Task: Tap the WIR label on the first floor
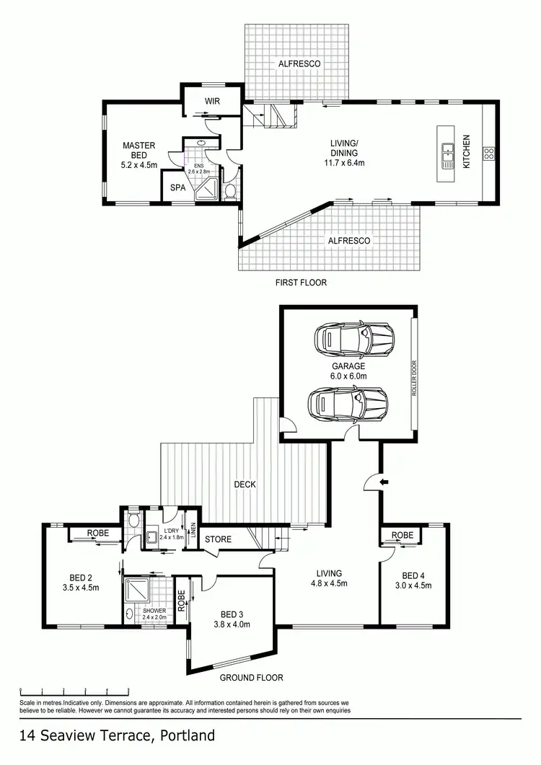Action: pyautogui.click(x=211, y=102)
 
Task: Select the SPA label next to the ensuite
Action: pyautogui.click(x=178, y=187)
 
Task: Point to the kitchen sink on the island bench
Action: pyautogui.click(x=447, y=152)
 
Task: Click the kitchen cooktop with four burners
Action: pyautogui.click(x=488, y=153)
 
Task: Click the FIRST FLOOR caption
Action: pyautogui.click(x=301, y=283)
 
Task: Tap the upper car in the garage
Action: pyautogui.click(x=353, y=337)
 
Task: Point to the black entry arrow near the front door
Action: pyautogui.click(x=384, y=480)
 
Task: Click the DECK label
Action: pyautogui.click(x=245, y=485)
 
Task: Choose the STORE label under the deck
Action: pyautogui.click(x=217, y=539)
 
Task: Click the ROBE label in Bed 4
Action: pyautogui.click(x=403, y=536)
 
